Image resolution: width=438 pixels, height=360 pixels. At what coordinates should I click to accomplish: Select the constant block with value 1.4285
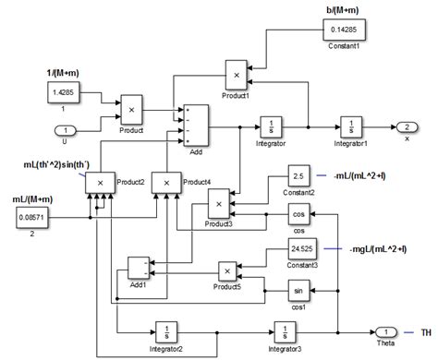coord(63,93)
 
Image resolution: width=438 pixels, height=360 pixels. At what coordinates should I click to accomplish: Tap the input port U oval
coord(63,128)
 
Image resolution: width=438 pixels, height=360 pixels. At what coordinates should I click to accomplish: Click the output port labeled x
coord(407,128)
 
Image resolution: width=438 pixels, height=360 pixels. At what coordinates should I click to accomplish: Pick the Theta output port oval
coord(385,330)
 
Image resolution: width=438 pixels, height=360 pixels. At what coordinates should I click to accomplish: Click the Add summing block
coord(196,123)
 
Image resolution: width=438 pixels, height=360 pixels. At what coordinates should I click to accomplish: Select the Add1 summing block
coord(137,268)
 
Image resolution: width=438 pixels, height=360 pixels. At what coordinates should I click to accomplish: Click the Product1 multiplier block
coord(237,73)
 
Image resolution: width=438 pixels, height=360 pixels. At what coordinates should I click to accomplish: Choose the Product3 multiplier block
coord(219,201)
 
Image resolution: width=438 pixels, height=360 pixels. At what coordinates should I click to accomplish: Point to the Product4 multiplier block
coord(167,185)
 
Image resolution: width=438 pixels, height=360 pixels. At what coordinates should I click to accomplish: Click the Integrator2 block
coord(166,330)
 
